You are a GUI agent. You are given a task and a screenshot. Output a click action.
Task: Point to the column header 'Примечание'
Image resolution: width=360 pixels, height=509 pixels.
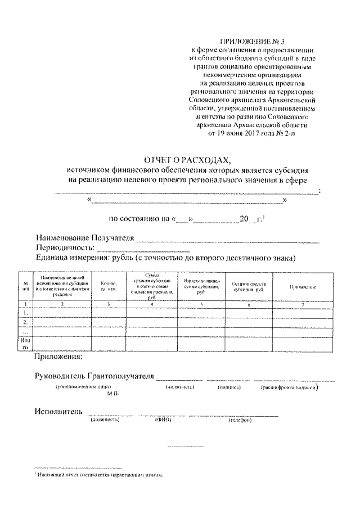coord(302,287)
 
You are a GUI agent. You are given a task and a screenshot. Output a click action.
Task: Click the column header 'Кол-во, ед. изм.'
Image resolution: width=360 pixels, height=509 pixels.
coord(109,286)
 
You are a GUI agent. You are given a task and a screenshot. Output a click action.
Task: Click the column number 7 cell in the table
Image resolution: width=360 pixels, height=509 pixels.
coord(302,304)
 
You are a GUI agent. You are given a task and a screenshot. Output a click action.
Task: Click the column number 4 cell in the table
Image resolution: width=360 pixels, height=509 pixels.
coord(152,304)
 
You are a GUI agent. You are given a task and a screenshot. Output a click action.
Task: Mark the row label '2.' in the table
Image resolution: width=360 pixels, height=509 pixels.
coord(26,322)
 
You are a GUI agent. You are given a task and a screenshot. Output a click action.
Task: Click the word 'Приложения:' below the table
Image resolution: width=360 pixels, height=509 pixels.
coord(58,357)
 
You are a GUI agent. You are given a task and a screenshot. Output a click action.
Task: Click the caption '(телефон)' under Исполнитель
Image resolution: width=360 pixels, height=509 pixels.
coord(240,420)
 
